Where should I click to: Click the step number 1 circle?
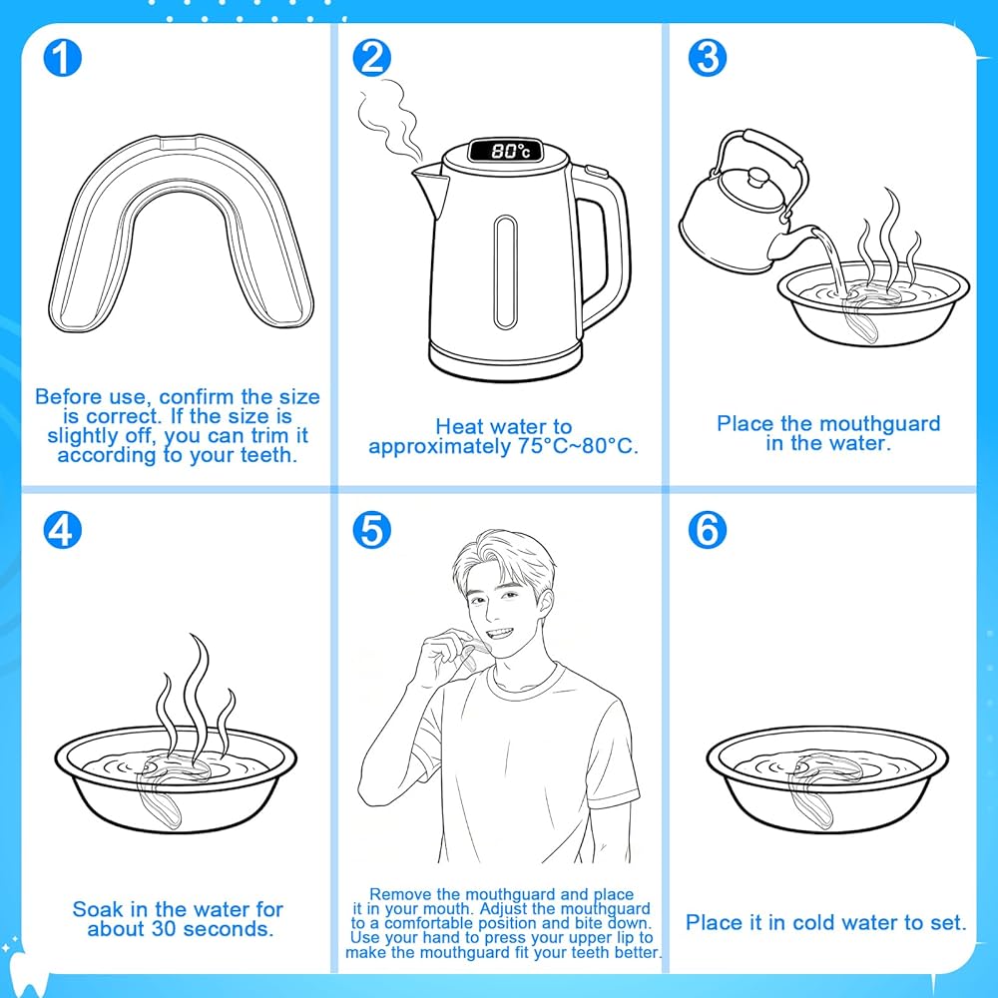[x=62, y=57]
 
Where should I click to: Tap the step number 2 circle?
[x=371, y=57]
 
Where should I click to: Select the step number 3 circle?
[x=708, y=57]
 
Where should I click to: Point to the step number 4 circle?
[x=62, y=530]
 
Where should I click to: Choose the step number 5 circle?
[x=371, y=530]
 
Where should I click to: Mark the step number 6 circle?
[x=708, y=530]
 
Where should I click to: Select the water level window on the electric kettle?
[x=505, y=271]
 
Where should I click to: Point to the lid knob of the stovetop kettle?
[x=757, y=176]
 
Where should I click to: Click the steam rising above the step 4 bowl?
[x=196, y=701]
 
